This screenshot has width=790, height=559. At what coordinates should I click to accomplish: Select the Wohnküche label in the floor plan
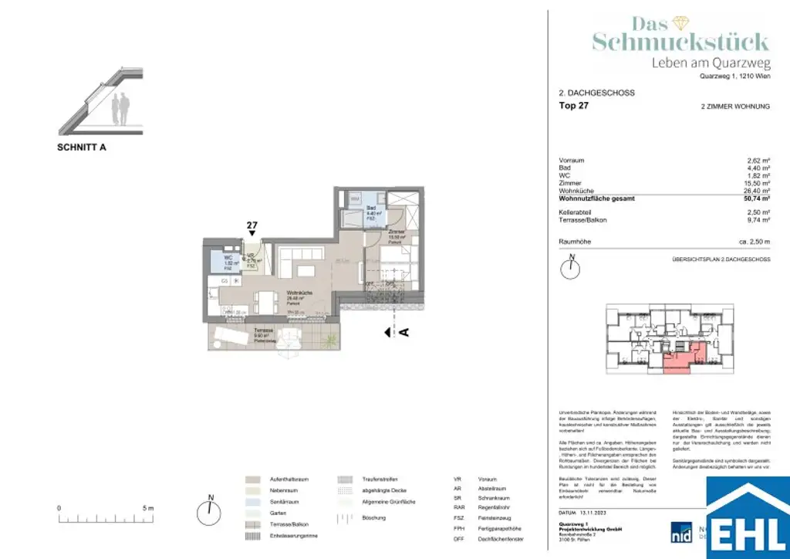coord(299,293)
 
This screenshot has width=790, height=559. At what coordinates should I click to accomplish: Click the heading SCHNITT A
coord(82,147)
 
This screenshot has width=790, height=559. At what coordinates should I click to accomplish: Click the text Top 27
coord(573,107)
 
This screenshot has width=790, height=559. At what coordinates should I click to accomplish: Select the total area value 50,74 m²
coord(755,198)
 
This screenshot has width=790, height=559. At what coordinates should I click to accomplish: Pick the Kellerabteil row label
coord(580,212)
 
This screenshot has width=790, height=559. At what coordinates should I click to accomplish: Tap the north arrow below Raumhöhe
coord(569,268)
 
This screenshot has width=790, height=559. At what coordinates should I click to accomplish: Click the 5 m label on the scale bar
coord(149,508)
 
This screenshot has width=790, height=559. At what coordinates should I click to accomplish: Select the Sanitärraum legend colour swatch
coord(252,501)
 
